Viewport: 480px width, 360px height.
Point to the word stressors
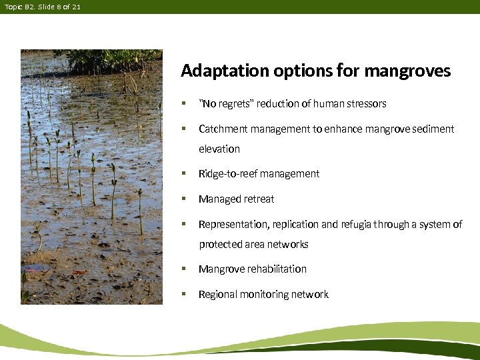pyautogui.click(x=365, y=103)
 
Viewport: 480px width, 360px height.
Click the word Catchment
pyautogui.click(x=221, y=129)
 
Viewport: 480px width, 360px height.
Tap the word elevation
pyautogui.click(x=219, y=149)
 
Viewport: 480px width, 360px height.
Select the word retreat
pyautogui.click(x=259, y=199)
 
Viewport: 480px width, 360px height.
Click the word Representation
pyautogui.click(x=230, y=224)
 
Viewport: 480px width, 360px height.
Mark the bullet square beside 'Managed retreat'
pyautogui.click(x=183, y=199)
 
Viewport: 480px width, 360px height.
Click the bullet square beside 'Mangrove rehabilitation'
pyautogui.click(x=183, y=269)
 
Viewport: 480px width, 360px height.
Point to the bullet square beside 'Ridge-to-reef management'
pyautogui.click(x=183, y=173)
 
